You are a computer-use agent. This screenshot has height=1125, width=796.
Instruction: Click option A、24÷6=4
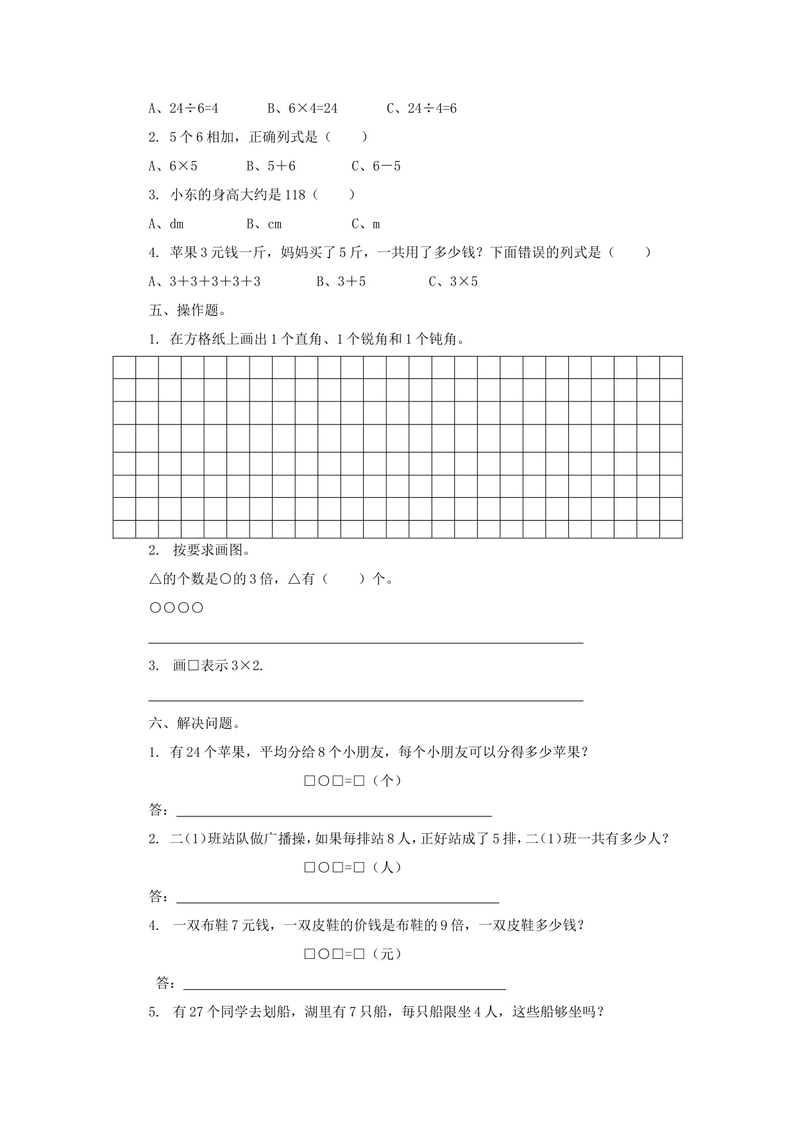point(183,108)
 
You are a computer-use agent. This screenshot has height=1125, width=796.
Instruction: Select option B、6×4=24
point(302,108)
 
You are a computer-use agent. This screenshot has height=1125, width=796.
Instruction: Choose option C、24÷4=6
point(421,108)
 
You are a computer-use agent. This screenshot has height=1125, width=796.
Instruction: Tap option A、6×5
point(173,166)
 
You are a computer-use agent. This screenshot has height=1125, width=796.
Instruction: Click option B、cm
point(264,224)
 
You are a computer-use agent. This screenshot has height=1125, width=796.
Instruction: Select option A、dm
point(166,224)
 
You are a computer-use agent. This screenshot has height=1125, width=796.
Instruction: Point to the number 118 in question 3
point(294,195)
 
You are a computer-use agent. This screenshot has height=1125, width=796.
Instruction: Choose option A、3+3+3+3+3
point(205,282)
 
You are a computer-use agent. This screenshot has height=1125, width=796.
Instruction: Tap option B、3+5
point(341,282)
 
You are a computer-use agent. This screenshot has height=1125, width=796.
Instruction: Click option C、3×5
point(453,282)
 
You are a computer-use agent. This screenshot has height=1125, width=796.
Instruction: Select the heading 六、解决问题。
point(195,723)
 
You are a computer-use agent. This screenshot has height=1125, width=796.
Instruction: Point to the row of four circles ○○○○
point(176,607)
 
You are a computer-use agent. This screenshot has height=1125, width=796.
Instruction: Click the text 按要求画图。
point(211,550)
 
